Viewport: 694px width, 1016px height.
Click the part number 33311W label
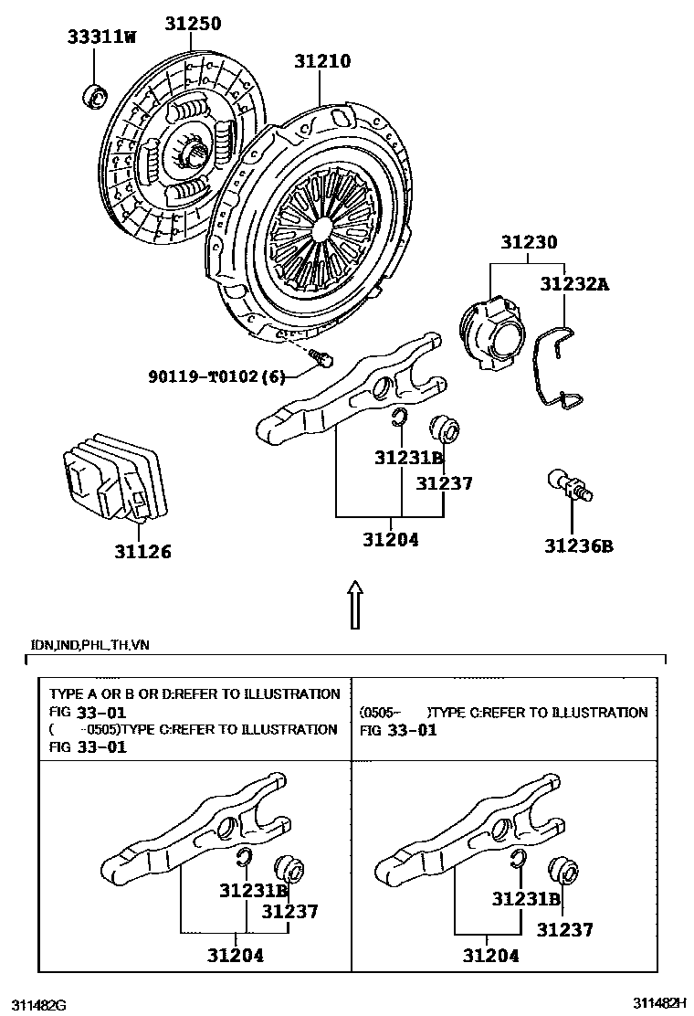(101, 37)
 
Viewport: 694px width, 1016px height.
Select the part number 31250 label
(193, 24)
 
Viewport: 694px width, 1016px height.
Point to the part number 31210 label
(322, 61)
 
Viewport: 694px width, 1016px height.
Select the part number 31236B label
(578, 546)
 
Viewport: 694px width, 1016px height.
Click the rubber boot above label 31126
(111, 482)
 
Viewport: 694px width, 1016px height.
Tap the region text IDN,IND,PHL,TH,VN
(90, 645)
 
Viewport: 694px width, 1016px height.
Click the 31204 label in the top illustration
(389, 539)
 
